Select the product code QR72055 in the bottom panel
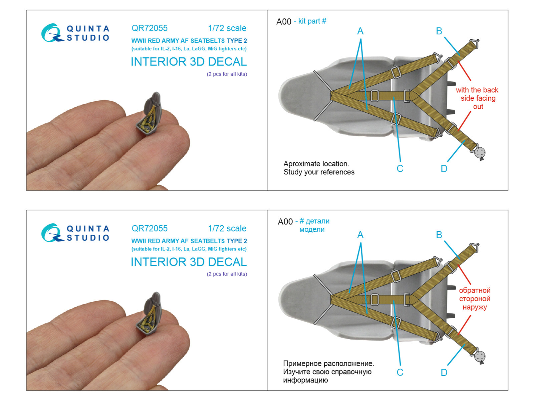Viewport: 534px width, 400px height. [x=150, y=228]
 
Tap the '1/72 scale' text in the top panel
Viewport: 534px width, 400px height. [x=227, y=28]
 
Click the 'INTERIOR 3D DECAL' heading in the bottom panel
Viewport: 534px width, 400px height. [x=189, y=262]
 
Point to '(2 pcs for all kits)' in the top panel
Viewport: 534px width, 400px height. [x=227, y=74]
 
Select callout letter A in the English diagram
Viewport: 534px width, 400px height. [x=360, y=31]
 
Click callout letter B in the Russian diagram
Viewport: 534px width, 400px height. [x=439, y=235]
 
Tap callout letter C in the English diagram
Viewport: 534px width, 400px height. [x=400, y=169]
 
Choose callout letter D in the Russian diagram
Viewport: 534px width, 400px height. [x=444, y=373]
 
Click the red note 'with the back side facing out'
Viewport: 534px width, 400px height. [x=477, y=98]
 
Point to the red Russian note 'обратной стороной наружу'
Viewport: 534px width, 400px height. [x=475, y=299]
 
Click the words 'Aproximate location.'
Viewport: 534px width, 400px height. [x=316, y=164]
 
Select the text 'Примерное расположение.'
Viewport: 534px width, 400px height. [x=328, y=363]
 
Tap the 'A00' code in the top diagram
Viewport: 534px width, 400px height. [x=284, y=22]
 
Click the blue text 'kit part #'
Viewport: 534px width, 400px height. [x=312, y=21]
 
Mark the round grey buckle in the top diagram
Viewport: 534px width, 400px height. [x=480, y=153]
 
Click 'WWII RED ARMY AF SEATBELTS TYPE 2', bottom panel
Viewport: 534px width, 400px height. [x=189, y=241]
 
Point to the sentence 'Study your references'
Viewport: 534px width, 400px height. [x=319, y=172]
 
